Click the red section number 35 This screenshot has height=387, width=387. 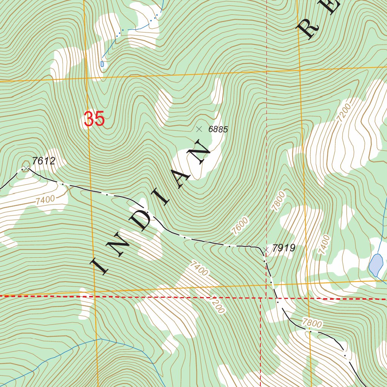click(94, 119)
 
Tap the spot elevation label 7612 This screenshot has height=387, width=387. click(44, 161)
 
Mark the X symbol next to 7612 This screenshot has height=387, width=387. click(26, 167)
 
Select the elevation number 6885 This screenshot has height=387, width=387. click(218, 129)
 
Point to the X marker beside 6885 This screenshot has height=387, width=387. click(199, 129)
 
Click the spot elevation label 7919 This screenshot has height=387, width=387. click(283, 248)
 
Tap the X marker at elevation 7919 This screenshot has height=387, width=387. click(266, 249)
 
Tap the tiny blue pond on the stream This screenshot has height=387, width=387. click(102, 64)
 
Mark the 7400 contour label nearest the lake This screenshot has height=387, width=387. click(324, 244)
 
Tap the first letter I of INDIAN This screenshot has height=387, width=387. click(101, 265)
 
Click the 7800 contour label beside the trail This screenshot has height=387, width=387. click(312, 324)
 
